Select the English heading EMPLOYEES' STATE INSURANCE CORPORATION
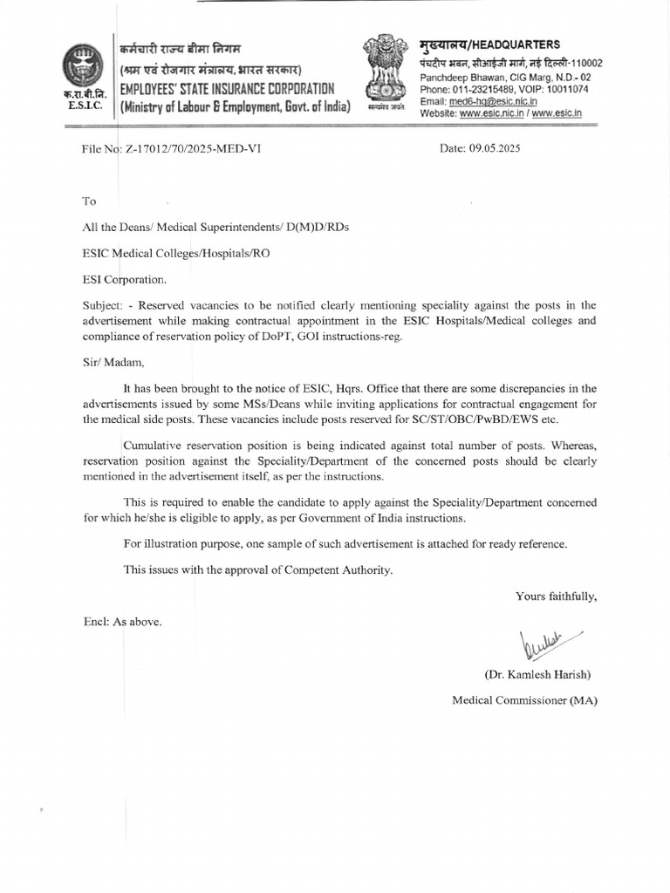point(227,89)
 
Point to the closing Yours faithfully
point(557,596)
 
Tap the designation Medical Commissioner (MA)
point(525,700)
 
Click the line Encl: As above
point(122,622)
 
